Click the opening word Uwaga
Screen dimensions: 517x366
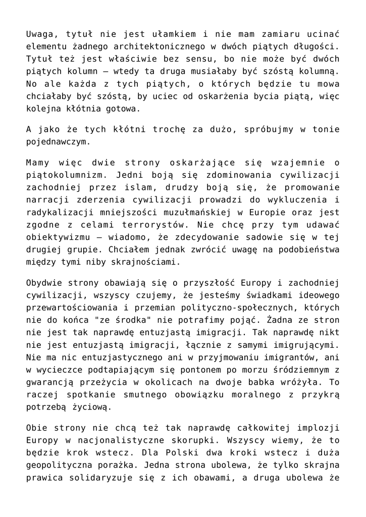(x=40, y=34)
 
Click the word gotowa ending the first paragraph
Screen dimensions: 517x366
(x=120, y=108)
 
